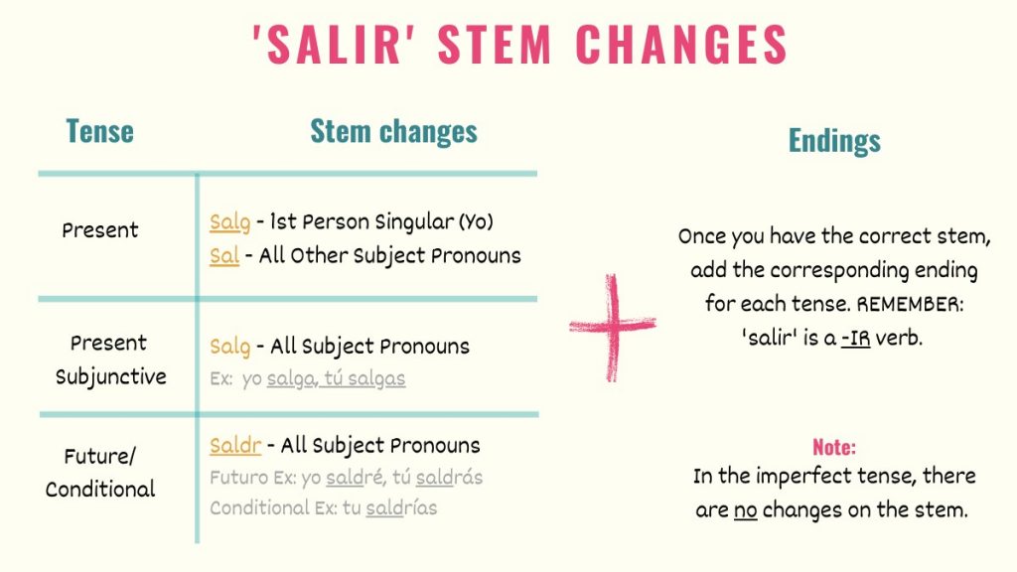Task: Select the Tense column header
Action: pos(99,131)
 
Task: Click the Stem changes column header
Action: pos(393,131)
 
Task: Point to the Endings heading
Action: pos(834,141)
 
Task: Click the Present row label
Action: pos(100,230)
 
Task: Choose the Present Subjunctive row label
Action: pos(109,359)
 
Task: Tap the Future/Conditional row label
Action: pos(100,473)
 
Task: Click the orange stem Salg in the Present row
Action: pos(229,222)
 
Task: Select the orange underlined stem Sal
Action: pos(224,255)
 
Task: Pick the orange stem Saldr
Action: pos(235,445)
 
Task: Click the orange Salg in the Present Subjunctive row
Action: pos(229,347)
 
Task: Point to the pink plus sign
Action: pos(612,327)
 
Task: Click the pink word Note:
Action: pos(834,447)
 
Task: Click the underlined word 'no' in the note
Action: pos(745,511)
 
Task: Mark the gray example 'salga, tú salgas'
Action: pos(336,378)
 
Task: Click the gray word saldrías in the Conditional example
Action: pos(401,508)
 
